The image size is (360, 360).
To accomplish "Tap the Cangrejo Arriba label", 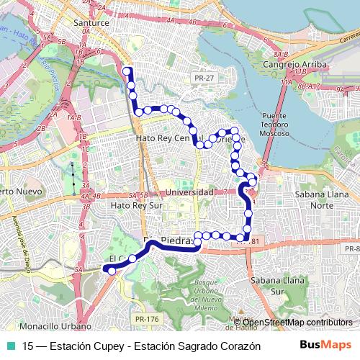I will point(298,65).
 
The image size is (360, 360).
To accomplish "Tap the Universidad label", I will point(189,193).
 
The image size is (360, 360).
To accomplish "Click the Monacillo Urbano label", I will point(51,325).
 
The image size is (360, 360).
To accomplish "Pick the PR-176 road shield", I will point(147,318).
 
